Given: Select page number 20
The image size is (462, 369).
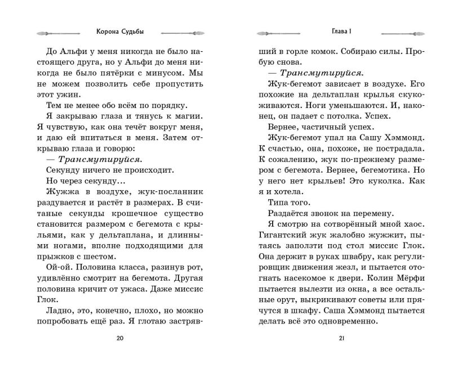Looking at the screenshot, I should tap(118, 338).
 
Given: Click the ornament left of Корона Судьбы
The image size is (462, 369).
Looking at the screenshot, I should tap(59, 32).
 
